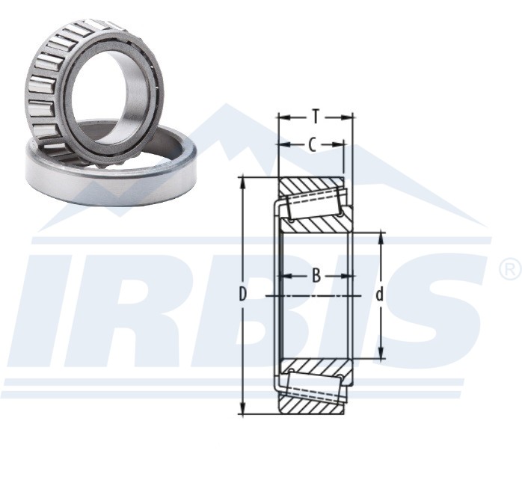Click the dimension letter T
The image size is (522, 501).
tap(316, 117)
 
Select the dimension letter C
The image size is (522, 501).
tap(312, 145)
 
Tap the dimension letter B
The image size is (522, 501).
tap(316, 276)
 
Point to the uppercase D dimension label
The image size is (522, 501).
tap(243, 295)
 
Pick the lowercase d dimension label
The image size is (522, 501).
tap(379, 295)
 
